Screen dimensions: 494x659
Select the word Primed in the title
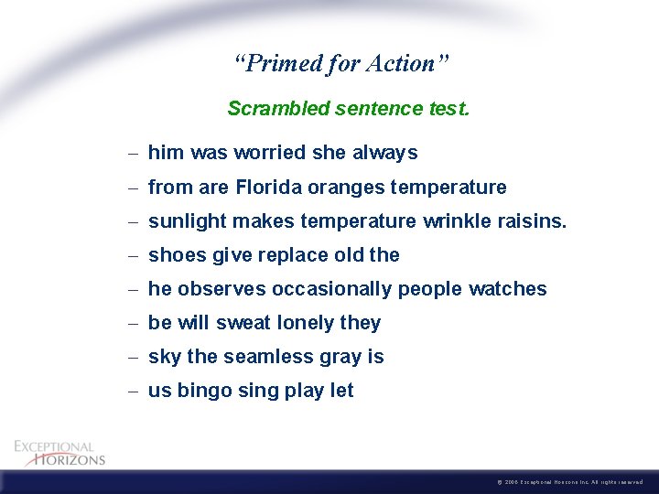(276, 64)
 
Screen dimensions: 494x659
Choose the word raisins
(532, 221)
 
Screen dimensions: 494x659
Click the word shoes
(177, 255)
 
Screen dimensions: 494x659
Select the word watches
(507, 289)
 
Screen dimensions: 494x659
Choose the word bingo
(206, 391)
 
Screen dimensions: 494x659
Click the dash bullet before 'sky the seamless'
(134, 357)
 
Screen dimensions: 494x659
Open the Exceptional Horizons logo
(59, 452)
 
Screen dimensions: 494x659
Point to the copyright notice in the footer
(573, 481)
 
